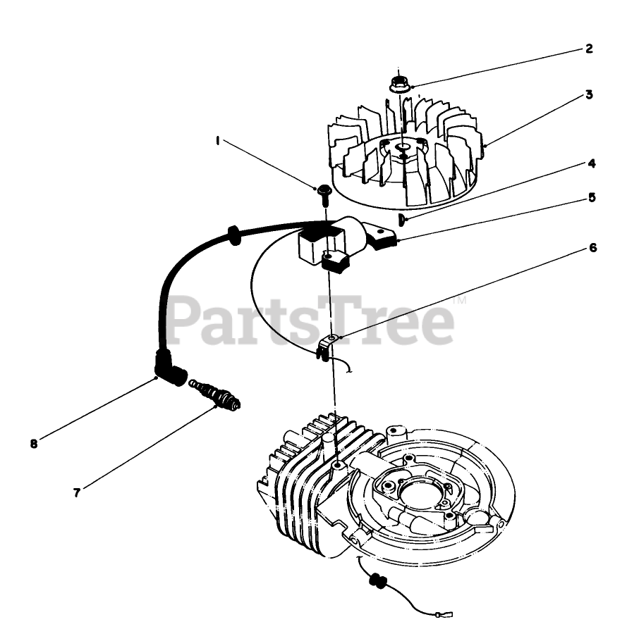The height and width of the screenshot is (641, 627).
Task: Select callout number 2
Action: pos(588,49)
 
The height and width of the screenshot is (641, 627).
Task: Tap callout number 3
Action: pos(588,94)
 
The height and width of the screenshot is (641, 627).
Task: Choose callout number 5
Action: pos(592,198)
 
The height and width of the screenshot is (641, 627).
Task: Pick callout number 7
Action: pos(75,492)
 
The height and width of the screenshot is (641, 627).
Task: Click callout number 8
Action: pos(33,443)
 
